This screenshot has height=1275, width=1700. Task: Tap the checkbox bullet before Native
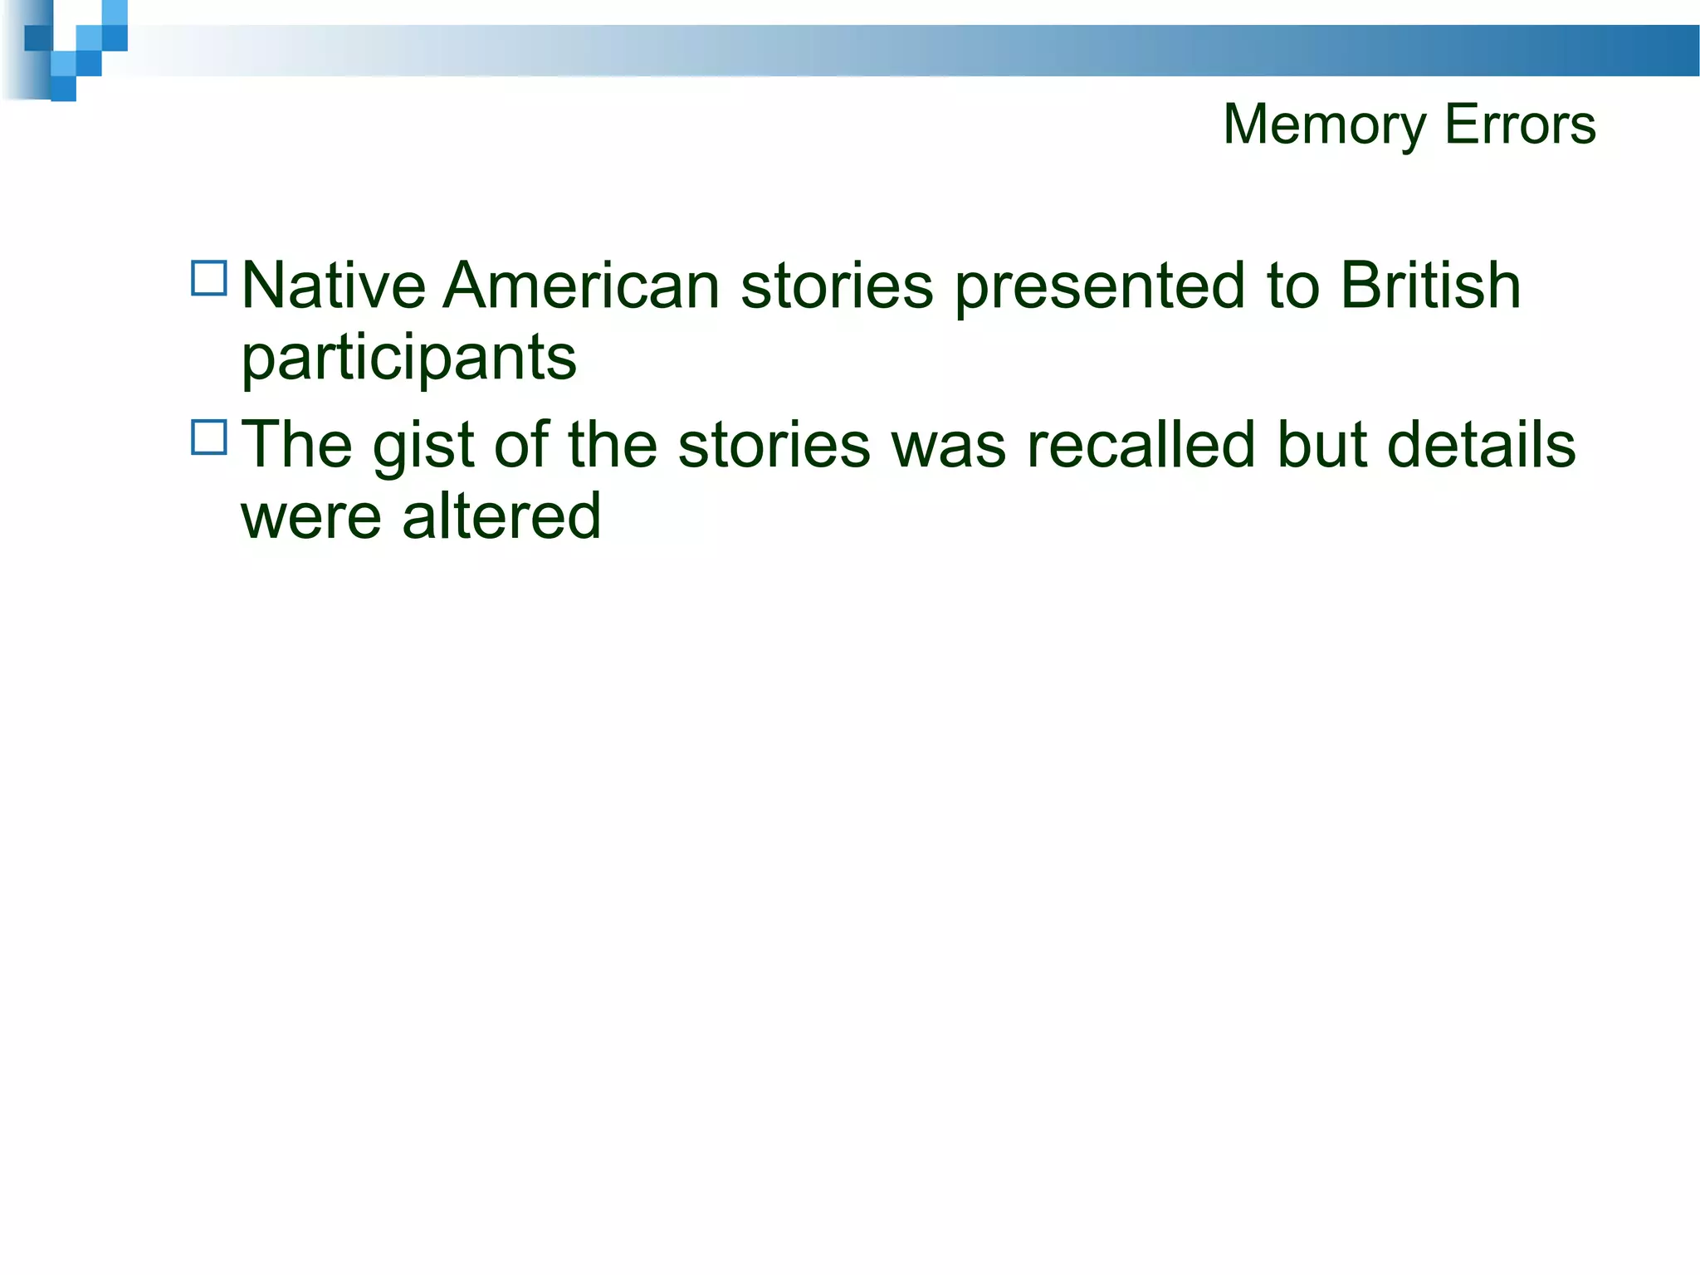(x=209, y=279)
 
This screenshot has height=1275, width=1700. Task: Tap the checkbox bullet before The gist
(x=209, y=437)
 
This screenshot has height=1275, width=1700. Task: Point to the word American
(x=581, y=286)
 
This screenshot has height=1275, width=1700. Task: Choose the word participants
(x=408, y=359)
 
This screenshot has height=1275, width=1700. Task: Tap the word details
(x=1481, y=445)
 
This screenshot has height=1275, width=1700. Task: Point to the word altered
(x=501, y=516)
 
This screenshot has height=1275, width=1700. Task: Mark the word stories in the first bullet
(x=837, y=286)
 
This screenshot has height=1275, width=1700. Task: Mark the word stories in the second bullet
(x=774, y=445)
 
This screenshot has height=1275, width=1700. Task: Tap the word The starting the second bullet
(x=296, y=445)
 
